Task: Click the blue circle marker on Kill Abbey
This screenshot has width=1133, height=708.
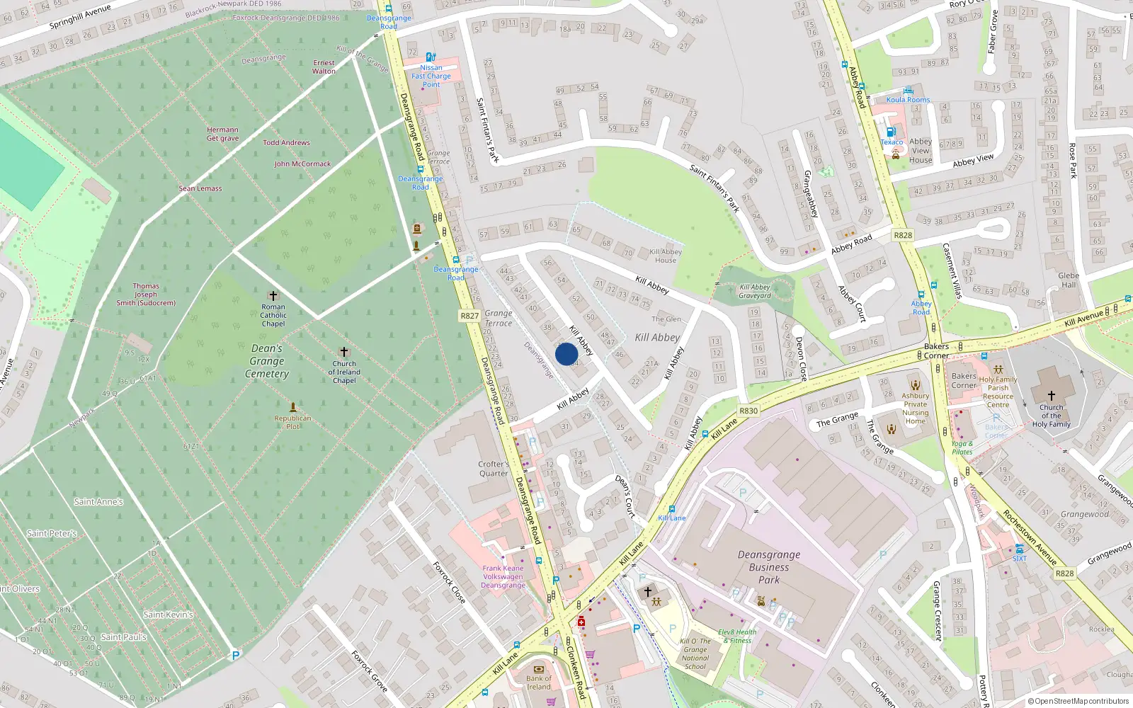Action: point(566,354)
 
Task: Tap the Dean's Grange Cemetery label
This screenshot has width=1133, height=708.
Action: point(267,361)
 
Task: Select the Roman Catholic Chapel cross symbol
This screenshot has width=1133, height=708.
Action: point(273,295)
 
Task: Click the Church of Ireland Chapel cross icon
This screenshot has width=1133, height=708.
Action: point(344,352)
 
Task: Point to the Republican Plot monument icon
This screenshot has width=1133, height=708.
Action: point(292,407)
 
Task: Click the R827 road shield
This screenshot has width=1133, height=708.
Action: point(469,316)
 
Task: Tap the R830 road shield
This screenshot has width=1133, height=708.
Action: point(748,411)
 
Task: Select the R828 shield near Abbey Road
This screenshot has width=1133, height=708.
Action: point(902,235)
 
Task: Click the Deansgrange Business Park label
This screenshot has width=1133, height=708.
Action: point(769,567)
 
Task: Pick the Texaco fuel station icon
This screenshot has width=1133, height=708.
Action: point(891,132)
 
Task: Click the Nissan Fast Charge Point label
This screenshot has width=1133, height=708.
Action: point(431,76)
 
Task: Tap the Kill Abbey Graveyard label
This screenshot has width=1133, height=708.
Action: point(754,291)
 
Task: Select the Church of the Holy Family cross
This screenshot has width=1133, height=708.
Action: point(1051,395)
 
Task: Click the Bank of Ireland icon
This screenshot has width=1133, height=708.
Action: point(538,669)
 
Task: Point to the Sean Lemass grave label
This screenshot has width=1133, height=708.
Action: point(200,188)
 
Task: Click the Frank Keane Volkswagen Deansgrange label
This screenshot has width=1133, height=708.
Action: point(503,576)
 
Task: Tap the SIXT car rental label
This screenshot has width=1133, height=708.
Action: point(1019,559)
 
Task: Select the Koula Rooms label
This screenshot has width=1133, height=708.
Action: point(908,100)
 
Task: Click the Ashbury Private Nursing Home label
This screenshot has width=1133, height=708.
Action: point(915,409)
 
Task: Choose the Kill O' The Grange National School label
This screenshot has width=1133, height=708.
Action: point(695,653)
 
